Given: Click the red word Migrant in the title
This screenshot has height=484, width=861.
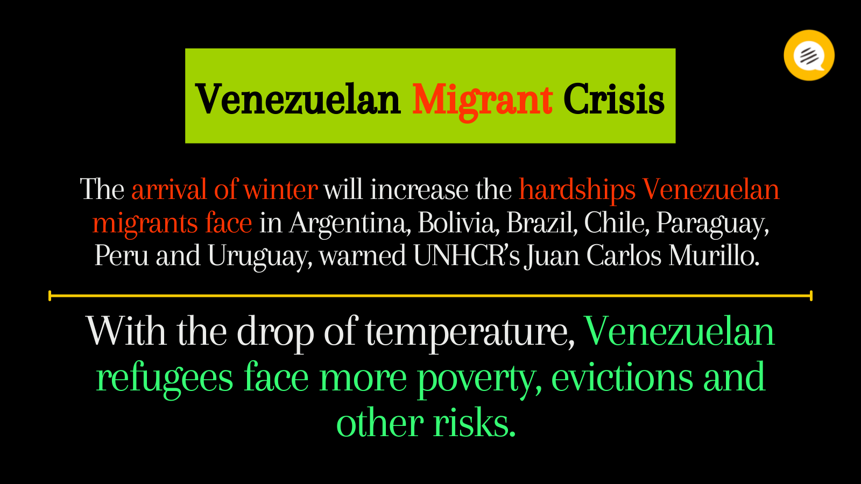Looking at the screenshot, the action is pos(482,101).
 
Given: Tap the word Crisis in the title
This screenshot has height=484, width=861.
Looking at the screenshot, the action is pos(614,99).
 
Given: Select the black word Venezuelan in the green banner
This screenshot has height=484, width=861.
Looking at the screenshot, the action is pos(298,99).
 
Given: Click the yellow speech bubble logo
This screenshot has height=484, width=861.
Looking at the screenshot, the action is pos(809,55).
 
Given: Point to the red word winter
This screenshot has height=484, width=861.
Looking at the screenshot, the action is pos(280,189).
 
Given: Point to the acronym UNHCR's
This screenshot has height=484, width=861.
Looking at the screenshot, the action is pos(467,255).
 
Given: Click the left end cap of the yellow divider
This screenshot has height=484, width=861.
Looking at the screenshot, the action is pos(50,296).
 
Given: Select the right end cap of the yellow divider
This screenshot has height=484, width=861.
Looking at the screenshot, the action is pos(811,296).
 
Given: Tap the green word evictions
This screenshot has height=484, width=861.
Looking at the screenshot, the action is pos(622,377).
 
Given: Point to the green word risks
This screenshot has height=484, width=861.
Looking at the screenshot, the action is pos(474,423).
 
